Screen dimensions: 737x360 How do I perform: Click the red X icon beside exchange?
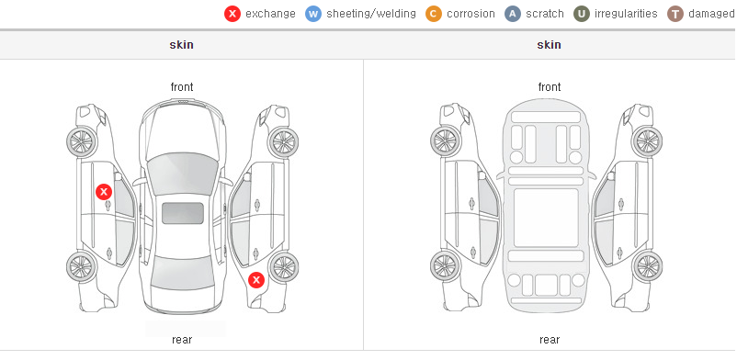pyautogui.click(x=232, y=14)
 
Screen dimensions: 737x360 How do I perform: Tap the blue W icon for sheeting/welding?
pyautogui.click(x=313, y=14)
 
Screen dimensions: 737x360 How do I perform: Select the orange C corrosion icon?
pyautogui.click(x=434, y=14)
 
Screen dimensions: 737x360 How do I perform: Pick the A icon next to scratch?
pyautogui.click(x=513, y=14)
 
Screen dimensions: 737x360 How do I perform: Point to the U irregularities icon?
pyautogui.click(x=582, y=14)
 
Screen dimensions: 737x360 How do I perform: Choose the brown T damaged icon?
pyautogui.click(x=675, y=14)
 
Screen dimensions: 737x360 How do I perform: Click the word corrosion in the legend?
pyautogui.click(x=471, y=14)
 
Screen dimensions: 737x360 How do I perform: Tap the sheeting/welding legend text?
pyautogui.click(x=371, y=14)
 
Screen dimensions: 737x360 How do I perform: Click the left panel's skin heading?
pyautogui.click(x=181, y=45)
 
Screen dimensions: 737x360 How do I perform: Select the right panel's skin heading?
pyautogui.click(x=549, y=45)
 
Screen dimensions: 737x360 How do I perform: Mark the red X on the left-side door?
pyautogui.click(x=104, y=192)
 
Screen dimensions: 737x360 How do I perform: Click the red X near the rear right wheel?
pyautogui.click(x=256, y=281)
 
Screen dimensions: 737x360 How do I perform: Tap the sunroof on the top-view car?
pyautogui.click(x=183, y=213)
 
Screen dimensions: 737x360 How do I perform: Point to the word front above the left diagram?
pyautogui.click(x=181, y=87)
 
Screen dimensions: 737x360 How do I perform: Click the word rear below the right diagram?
pyautogui.click(x=549, y=340)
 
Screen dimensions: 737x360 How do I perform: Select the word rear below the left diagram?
pyautogui.click(x=181, y=340)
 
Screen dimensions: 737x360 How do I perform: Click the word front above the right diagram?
pyautogui.click(x=549, y=87)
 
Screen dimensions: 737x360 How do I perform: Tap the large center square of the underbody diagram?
pyautogui.click(x=546, y=218)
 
